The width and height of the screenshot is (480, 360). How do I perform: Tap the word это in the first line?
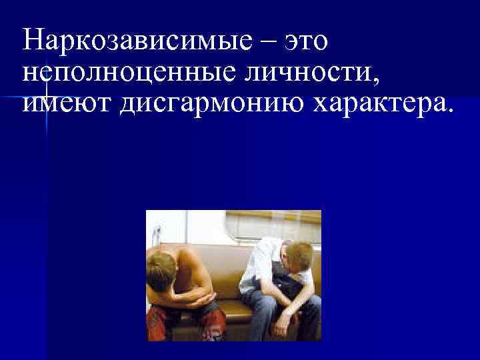point(306,41)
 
